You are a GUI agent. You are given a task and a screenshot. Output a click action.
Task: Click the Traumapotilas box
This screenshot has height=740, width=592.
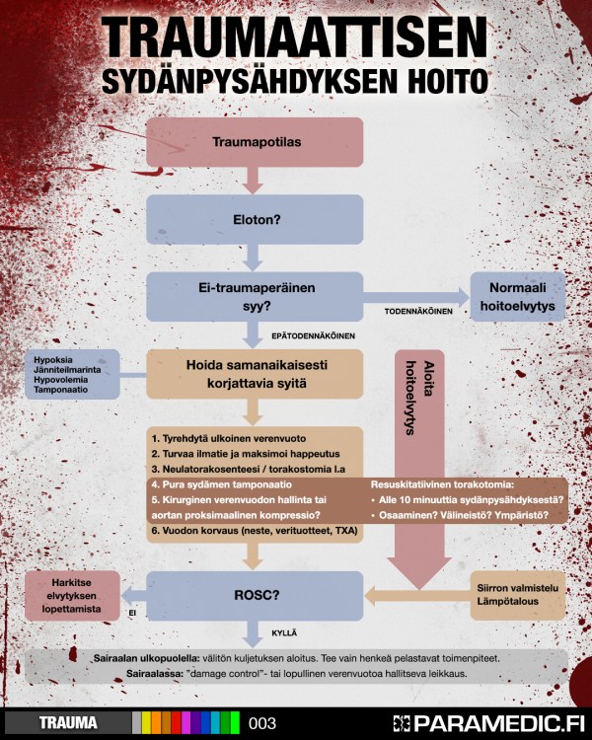point(257,142)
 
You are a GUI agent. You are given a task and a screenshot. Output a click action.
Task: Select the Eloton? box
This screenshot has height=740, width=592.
point(257,218)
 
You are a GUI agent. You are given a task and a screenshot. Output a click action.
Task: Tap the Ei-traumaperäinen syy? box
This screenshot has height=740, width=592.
point(257,296)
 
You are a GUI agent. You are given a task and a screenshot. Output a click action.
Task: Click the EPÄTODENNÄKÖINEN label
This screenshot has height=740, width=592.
point(313,335)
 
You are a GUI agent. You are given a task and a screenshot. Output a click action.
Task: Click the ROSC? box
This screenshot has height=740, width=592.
point(257,595)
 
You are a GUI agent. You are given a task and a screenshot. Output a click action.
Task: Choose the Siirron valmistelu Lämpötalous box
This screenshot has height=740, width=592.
point(519,592)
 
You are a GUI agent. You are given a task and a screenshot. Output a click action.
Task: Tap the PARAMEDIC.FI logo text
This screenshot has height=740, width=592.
point(492,722)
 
